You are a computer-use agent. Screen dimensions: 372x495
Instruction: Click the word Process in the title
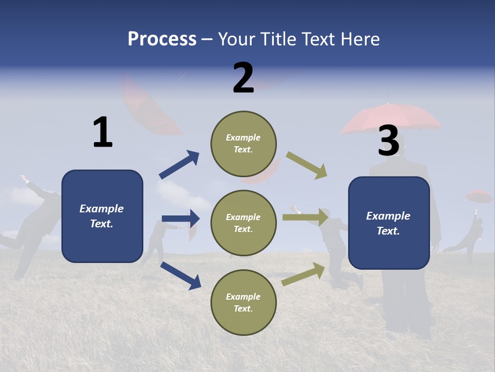pos(162,39)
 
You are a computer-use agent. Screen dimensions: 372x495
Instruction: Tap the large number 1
pos(103,133)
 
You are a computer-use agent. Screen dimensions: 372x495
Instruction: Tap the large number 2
pos(243,78)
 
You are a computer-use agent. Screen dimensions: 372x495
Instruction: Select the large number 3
pos(388,141)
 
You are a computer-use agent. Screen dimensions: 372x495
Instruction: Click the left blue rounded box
pos(102,216)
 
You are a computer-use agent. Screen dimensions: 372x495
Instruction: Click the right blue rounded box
pos(389,223)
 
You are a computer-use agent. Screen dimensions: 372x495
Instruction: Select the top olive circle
pos(243,144)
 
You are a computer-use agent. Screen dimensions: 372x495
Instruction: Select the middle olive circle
pos(243,223)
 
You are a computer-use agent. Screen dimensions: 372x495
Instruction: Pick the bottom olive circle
pos(243,302)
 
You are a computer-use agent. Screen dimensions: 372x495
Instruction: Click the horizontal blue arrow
pos(180,219)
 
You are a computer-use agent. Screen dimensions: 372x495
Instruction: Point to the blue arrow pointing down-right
pos(181,275)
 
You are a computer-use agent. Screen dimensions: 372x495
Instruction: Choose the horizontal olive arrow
pos(305,218)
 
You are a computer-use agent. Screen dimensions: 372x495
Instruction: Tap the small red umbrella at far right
pos(478,196)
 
